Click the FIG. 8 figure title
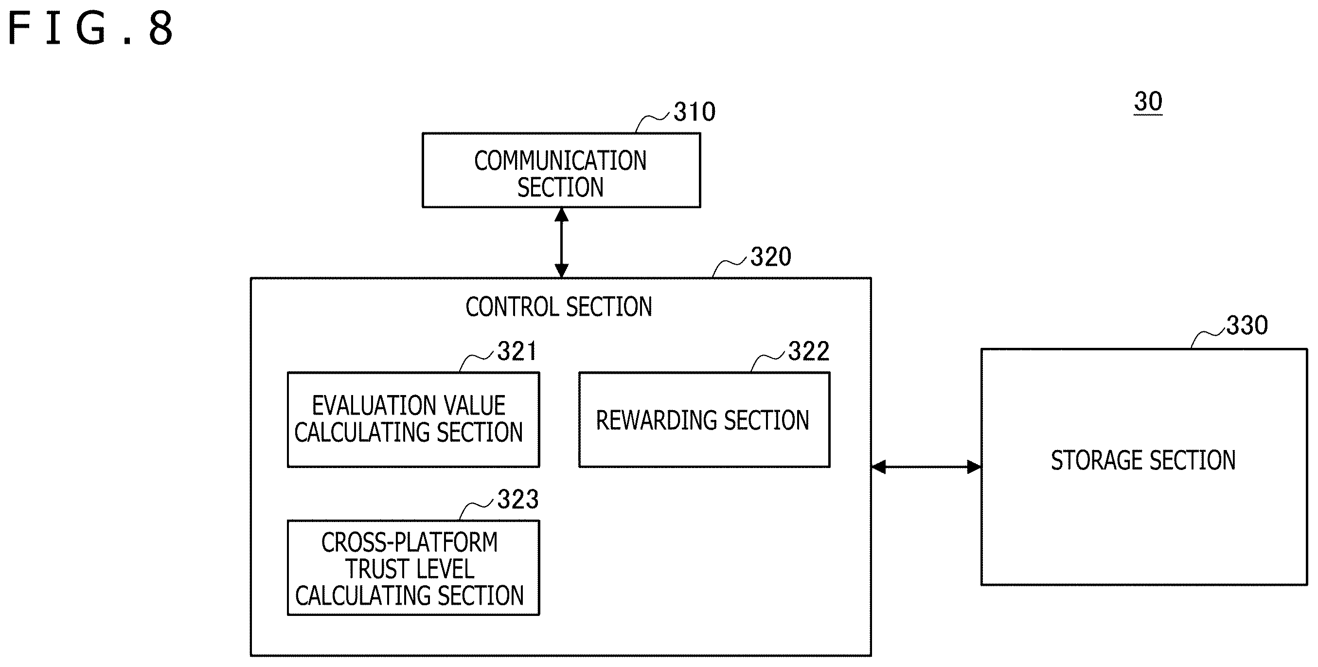[x=91, y=29]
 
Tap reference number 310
[x=695, y=111]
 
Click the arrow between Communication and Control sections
[x=561, y=243]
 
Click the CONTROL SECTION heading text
[x=559, y=307]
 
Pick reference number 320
[x=771, y=256]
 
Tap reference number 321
[x=517, y=352]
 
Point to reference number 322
[x=809, y=351]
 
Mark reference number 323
[x=518, y=499]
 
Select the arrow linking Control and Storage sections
[x=926, y=467]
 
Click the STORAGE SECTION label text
[x=1143, y=460]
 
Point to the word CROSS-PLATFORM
[x=410, y=542]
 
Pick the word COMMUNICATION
[x=560, y=161]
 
